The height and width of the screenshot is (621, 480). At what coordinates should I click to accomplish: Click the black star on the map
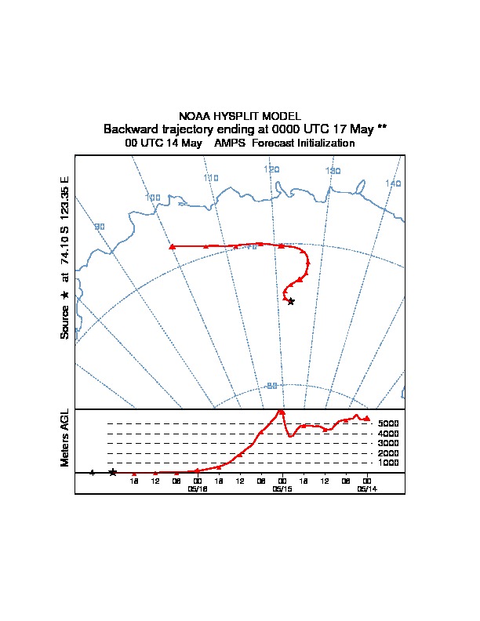point(291,301)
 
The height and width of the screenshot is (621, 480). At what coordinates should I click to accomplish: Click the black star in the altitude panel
point(113,472)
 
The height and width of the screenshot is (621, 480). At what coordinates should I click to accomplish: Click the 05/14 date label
point(367,488)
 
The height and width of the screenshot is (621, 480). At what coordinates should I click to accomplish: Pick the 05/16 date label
point(198,488)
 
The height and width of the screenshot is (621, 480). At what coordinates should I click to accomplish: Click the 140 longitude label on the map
point(393,183)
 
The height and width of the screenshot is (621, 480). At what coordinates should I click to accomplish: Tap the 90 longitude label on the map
point(100,227)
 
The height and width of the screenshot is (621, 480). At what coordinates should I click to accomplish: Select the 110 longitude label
point(210,178)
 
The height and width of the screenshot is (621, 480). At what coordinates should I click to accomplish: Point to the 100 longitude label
point(153,197)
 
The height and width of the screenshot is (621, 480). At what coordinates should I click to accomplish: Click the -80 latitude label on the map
point(272,386)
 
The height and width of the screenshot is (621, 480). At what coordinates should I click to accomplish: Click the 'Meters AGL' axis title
point(65,438)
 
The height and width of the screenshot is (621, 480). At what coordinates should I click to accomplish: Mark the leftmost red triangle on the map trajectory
point(172,246)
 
